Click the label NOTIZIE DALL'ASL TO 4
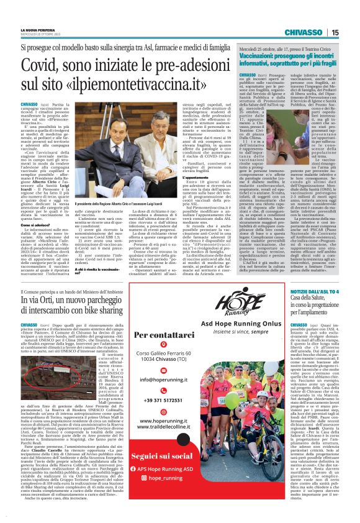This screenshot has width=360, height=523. [x=316, y=309]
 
